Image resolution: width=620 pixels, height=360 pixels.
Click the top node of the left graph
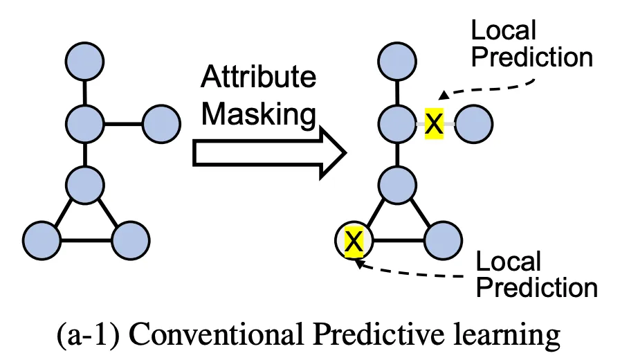84,62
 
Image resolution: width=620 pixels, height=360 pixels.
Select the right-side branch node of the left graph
161,124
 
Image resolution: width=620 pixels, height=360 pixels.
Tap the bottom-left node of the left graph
42,240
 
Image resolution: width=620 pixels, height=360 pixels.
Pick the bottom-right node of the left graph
131,240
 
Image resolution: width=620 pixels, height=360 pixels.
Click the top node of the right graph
397,62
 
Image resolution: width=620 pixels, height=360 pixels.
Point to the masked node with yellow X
354,240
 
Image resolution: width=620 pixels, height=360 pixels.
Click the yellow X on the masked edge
434,124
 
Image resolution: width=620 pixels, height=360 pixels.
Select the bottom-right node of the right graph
443,240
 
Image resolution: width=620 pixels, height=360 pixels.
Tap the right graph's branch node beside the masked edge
474,124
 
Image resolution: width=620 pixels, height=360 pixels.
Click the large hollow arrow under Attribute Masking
270,153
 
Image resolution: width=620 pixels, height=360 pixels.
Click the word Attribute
259,77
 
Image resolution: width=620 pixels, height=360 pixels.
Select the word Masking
259,114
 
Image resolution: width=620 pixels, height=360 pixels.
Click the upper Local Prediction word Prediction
532,57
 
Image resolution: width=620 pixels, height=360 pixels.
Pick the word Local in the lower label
508,262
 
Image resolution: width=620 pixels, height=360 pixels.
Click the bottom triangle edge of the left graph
86,240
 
